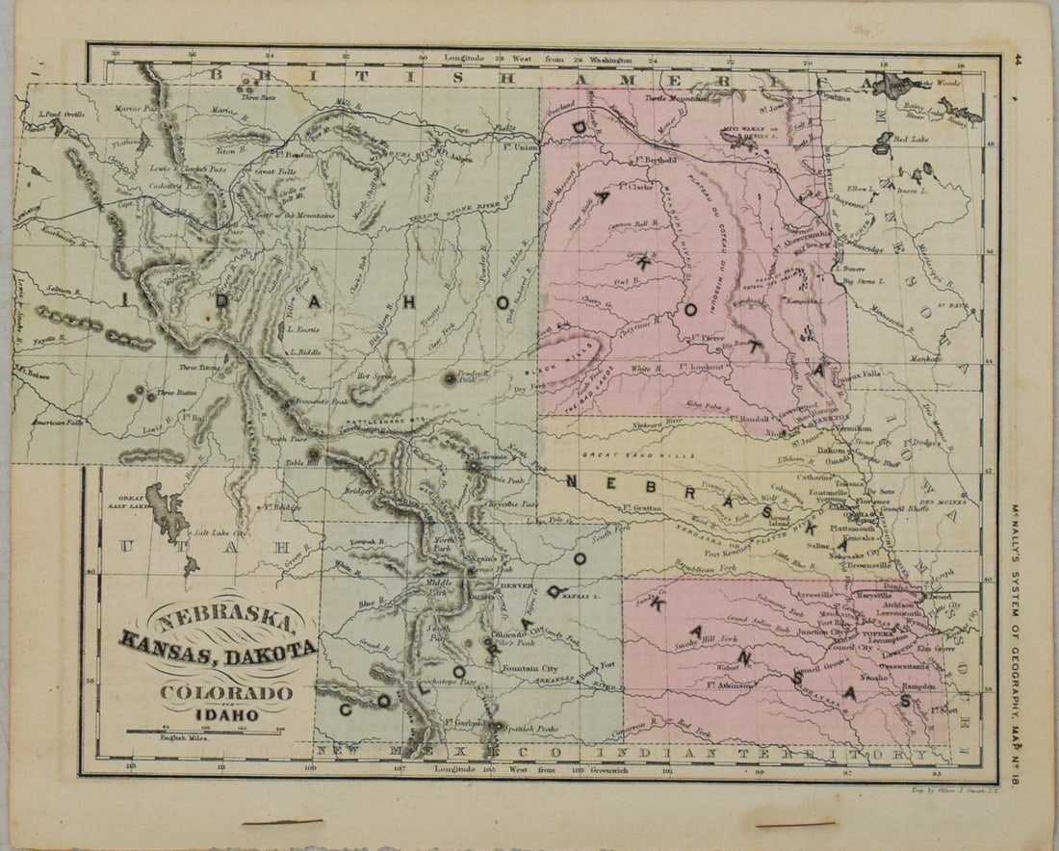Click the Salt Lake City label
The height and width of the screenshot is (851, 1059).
coord(220,531)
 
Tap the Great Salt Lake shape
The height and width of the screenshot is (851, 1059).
coord(168,511)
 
